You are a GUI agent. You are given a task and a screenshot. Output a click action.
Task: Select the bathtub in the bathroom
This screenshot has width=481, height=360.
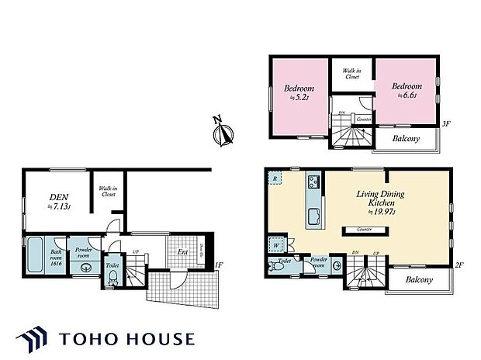click(35, 256)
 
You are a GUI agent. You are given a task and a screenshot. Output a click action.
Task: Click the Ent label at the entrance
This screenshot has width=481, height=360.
click(183, 251)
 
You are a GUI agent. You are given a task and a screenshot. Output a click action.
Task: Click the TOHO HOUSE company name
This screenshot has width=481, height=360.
click(127, 339)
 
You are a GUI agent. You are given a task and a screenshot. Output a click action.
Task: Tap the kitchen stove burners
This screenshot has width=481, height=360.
click(313, 184)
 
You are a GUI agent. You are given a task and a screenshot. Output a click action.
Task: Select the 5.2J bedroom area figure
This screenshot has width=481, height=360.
click(299, 97)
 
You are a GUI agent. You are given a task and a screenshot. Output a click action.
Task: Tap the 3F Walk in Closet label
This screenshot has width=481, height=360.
click(352, 74)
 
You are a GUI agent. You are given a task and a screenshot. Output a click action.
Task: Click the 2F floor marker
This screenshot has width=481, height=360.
click(459, 265)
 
